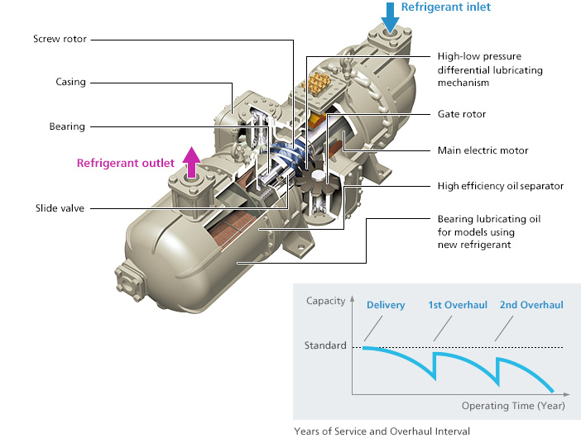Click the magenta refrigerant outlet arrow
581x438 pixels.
190,163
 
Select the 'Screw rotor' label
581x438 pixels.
60,38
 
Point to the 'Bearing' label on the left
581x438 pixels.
66,126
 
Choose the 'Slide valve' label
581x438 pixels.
60,207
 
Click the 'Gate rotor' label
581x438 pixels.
461,114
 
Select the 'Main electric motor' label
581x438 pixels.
483,150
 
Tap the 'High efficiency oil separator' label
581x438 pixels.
500,186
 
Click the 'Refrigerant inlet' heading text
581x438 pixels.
445,7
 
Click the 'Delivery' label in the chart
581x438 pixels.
386,305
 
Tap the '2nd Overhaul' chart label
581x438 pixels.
531,305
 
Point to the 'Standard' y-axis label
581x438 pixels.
326,345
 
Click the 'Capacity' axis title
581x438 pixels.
324,301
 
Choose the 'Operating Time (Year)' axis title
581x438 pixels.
513,406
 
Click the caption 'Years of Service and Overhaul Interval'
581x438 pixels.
382,431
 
